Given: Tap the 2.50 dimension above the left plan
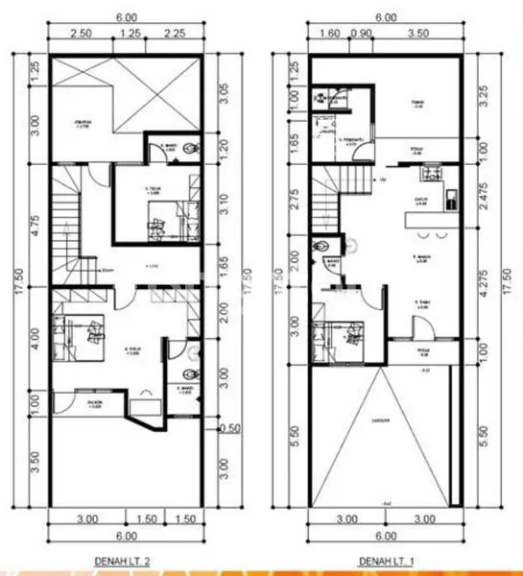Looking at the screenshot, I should (81, 33).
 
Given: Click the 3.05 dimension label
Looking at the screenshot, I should (224, 93).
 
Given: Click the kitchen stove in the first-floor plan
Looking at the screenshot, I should (427, 175).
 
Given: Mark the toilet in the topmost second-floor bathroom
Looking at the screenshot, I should (193, 147).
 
